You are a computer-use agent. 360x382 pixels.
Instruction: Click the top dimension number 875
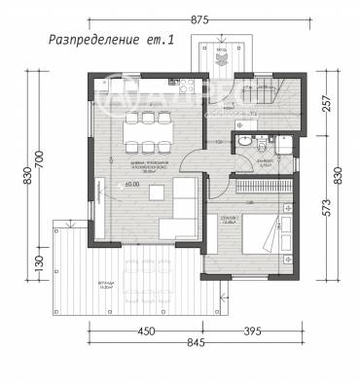point(201,19)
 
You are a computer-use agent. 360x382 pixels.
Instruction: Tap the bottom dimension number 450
point(147,330)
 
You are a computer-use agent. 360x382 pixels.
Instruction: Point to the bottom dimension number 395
point(252,330)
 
